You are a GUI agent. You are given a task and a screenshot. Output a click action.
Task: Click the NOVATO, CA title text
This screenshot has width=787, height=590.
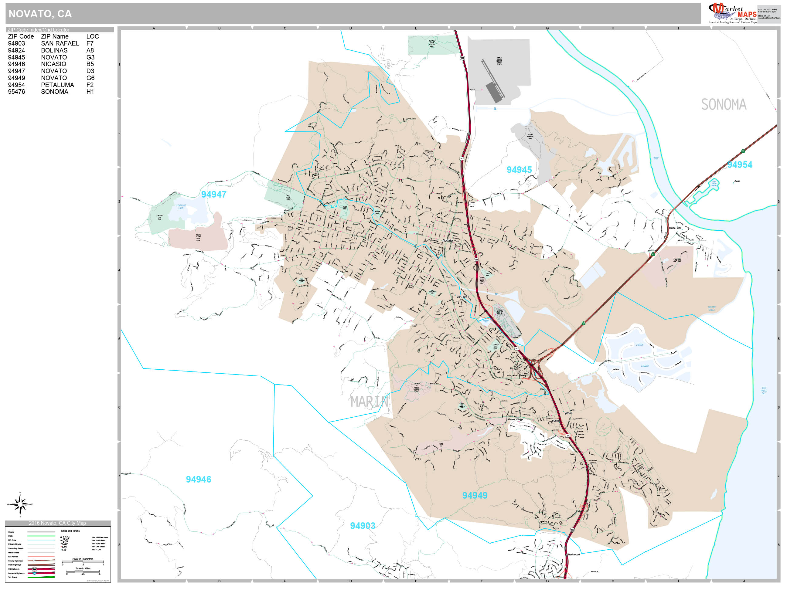(40, 14)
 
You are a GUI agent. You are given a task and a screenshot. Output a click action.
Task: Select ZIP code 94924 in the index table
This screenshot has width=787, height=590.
(16, 50)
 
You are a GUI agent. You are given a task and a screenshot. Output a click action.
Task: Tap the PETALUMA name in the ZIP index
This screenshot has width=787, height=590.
(57, 85)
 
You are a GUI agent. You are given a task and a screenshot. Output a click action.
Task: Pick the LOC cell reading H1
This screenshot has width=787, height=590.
(90, 92)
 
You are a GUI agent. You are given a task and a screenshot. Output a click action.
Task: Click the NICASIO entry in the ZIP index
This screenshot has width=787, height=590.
(53, 64)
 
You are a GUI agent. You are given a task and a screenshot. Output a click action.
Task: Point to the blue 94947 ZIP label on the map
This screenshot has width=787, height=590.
(213, 195)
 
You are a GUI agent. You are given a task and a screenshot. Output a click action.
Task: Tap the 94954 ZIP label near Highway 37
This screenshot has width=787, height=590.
(739, 165)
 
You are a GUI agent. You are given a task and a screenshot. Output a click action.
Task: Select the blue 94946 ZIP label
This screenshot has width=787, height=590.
(198, 480)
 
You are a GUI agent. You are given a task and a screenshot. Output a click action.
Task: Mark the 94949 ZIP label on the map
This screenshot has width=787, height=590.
(474, 495)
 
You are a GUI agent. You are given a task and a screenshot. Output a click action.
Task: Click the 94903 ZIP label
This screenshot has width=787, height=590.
(362, 526)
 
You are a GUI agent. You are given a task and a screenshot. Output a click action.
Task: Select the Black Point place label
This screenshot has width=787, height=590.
(675, 228)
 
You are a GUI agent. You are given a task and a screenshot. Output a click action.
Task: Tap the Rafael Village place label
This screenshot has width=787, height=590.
(515, 420)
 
